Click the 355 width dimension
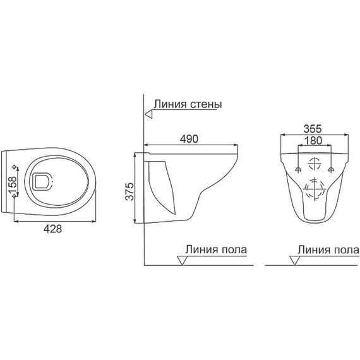[x=313, y=127]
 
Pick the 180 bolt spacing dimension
[x=313, y=140]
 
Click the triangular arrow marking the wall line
[x=148, y=114]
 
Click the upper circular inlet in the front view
[x=314, y=164]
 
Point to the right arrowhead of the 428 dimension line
[x=95, y=222]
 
